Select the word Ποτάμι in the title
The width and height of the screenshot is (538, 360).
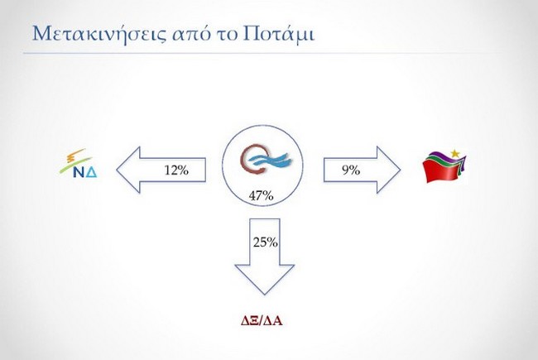(283, 34)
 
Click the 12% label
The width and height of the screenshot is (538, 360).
(176, 170)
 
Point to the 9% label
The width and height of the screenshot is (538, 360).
(349, 170)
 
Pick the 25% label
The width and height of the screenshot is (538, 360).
(265, 242)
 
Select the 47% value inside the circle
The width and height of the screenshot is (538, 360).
(261, 196)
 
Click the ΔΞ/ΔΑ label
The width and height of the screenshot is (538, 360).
(263, 319)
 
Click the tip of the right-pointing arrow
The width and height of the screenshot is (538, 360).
(400, 170)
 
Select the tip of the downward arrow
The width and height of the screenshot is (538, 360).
(265, 294)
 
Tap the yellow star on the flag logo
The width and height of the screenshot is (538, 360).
(458, 152)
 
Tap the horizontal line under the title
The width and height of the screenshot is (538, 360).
(269, 54)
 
